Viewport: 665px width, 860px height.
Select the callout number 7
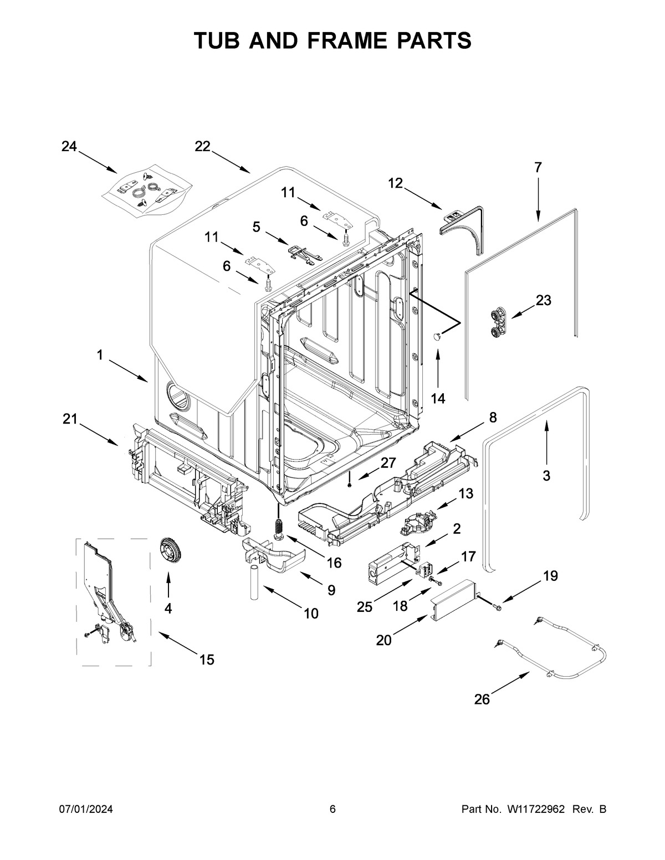(x=538, y=167)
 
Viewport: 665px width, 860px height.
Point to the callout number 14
(x=438, y=398)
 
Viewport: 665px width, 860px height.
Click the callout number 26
(x=482, y=699)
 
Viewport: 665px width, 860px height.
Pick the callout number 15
(x=206, y=659)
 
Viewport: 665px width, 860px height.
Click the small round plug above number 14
(x=437, y=336)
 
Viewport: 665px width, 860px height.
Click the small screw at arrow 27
(x=351, y=485)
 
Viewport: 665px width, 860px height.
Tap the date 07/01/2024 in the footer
(x=86, y=810)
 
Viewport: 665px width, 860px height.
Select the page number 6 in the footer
(x=332, y=810)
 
